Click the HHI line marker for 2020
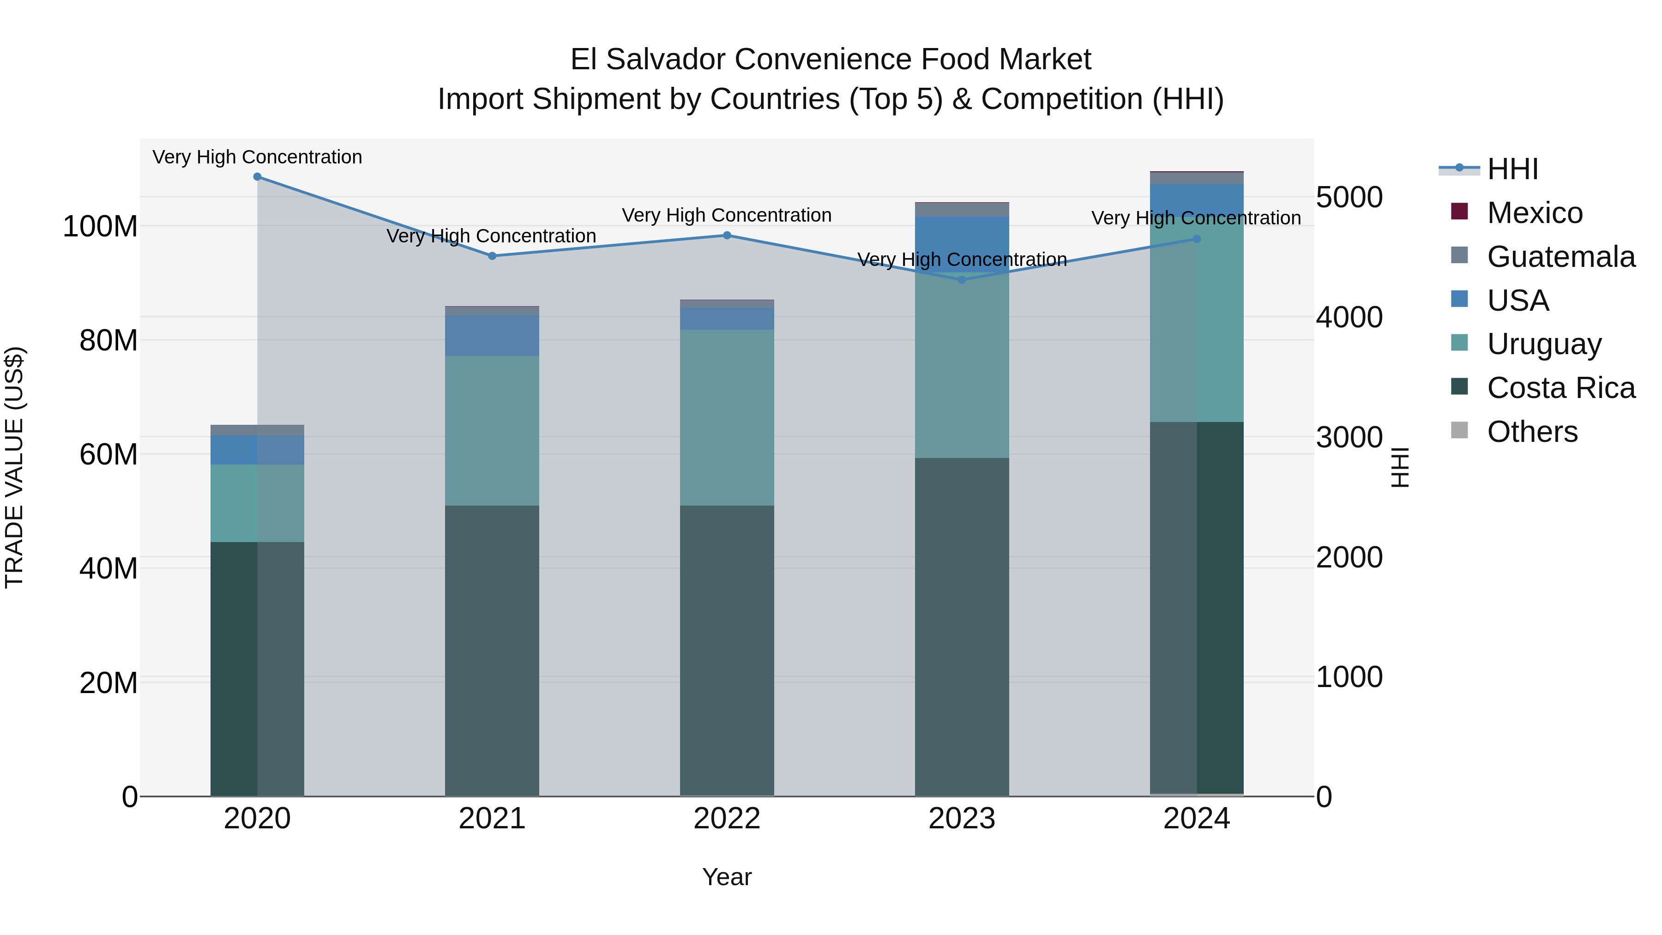(258, 177)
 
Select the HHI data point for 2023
(961, 279)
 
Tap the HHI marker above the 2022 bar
(727, 235)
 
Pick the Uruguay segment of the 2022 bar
(727, 417)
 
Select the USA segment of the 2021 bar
(492, 336)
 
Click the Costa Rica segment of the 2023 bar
(961, 627)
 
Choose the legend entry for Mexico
(1534, 213)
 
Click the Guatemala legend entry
(1560, 257)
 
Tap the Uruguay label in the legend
(1543, 344)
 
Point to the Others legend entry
(1532, 432)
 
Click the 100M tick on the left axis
(100, 227)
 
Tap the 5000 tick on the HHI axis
(1349, 198)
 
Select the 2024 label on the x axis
(1196, 819)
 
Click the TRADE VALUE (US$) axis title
(14, 467)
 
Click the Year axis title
(727, 877)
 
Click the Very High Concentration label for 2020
(258, 157)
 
